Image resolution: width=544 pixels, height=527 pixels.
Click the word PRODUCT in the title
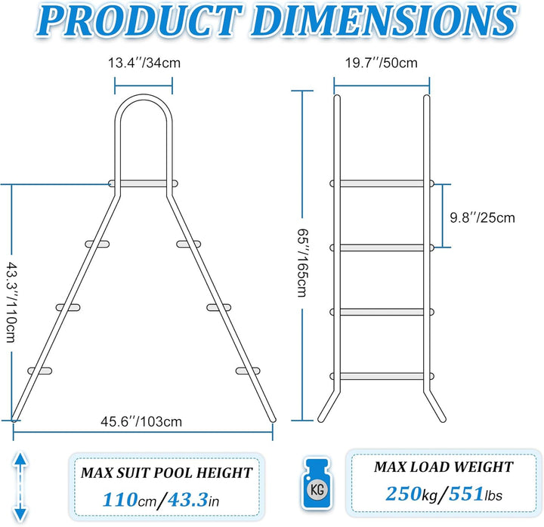click(x=141, y=20)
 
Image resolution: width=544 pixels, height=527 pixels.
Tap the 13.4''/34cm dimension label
click(x=144, y=63)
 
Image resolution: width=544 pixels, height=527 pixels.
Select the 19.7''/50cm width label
click(x=381, y=63)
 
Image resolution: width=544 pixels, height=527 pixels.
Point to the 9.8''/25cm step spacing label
click(x=482, y=217)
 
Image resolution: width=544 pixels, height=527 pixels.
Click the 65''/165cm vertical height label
click(x=302, y=263)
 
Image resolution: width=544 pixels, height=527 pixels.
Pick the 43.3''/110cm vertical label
click(x=11, y=302)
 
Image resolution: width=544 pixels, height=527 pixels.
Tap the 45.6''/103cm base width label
click(x=141, y=421)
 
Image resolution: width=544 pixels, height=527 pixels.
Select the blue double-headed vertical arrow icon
click(x=20, y=486)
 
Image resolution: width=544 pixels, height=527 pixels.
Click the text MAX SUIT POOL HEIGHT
click(x=166, y=473)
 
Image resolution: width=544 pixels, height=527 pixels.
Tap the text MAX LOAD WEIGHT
click(x=444, y=467)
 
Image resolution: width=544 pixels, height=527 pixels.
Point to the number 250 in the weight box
click(x=403, y=494)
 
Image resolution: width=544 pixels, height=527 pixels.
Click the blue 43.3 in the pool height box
click(x=187, y=500)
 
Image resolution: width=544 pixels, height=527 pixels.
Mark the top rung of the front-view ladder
click(x=382, y=183)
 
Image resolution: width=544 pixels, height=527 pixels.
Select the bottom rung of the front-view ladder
click(x=382, y=376)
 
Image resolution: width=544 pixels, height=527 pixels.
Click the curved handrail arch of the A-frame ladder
click(x=144, y=97)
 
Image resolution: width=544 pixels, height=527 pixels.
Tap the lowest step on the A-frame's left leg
click(x=40, y=371)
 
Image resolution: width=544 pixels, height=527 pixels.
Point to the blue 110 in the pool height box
click(x=120, y=500)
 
